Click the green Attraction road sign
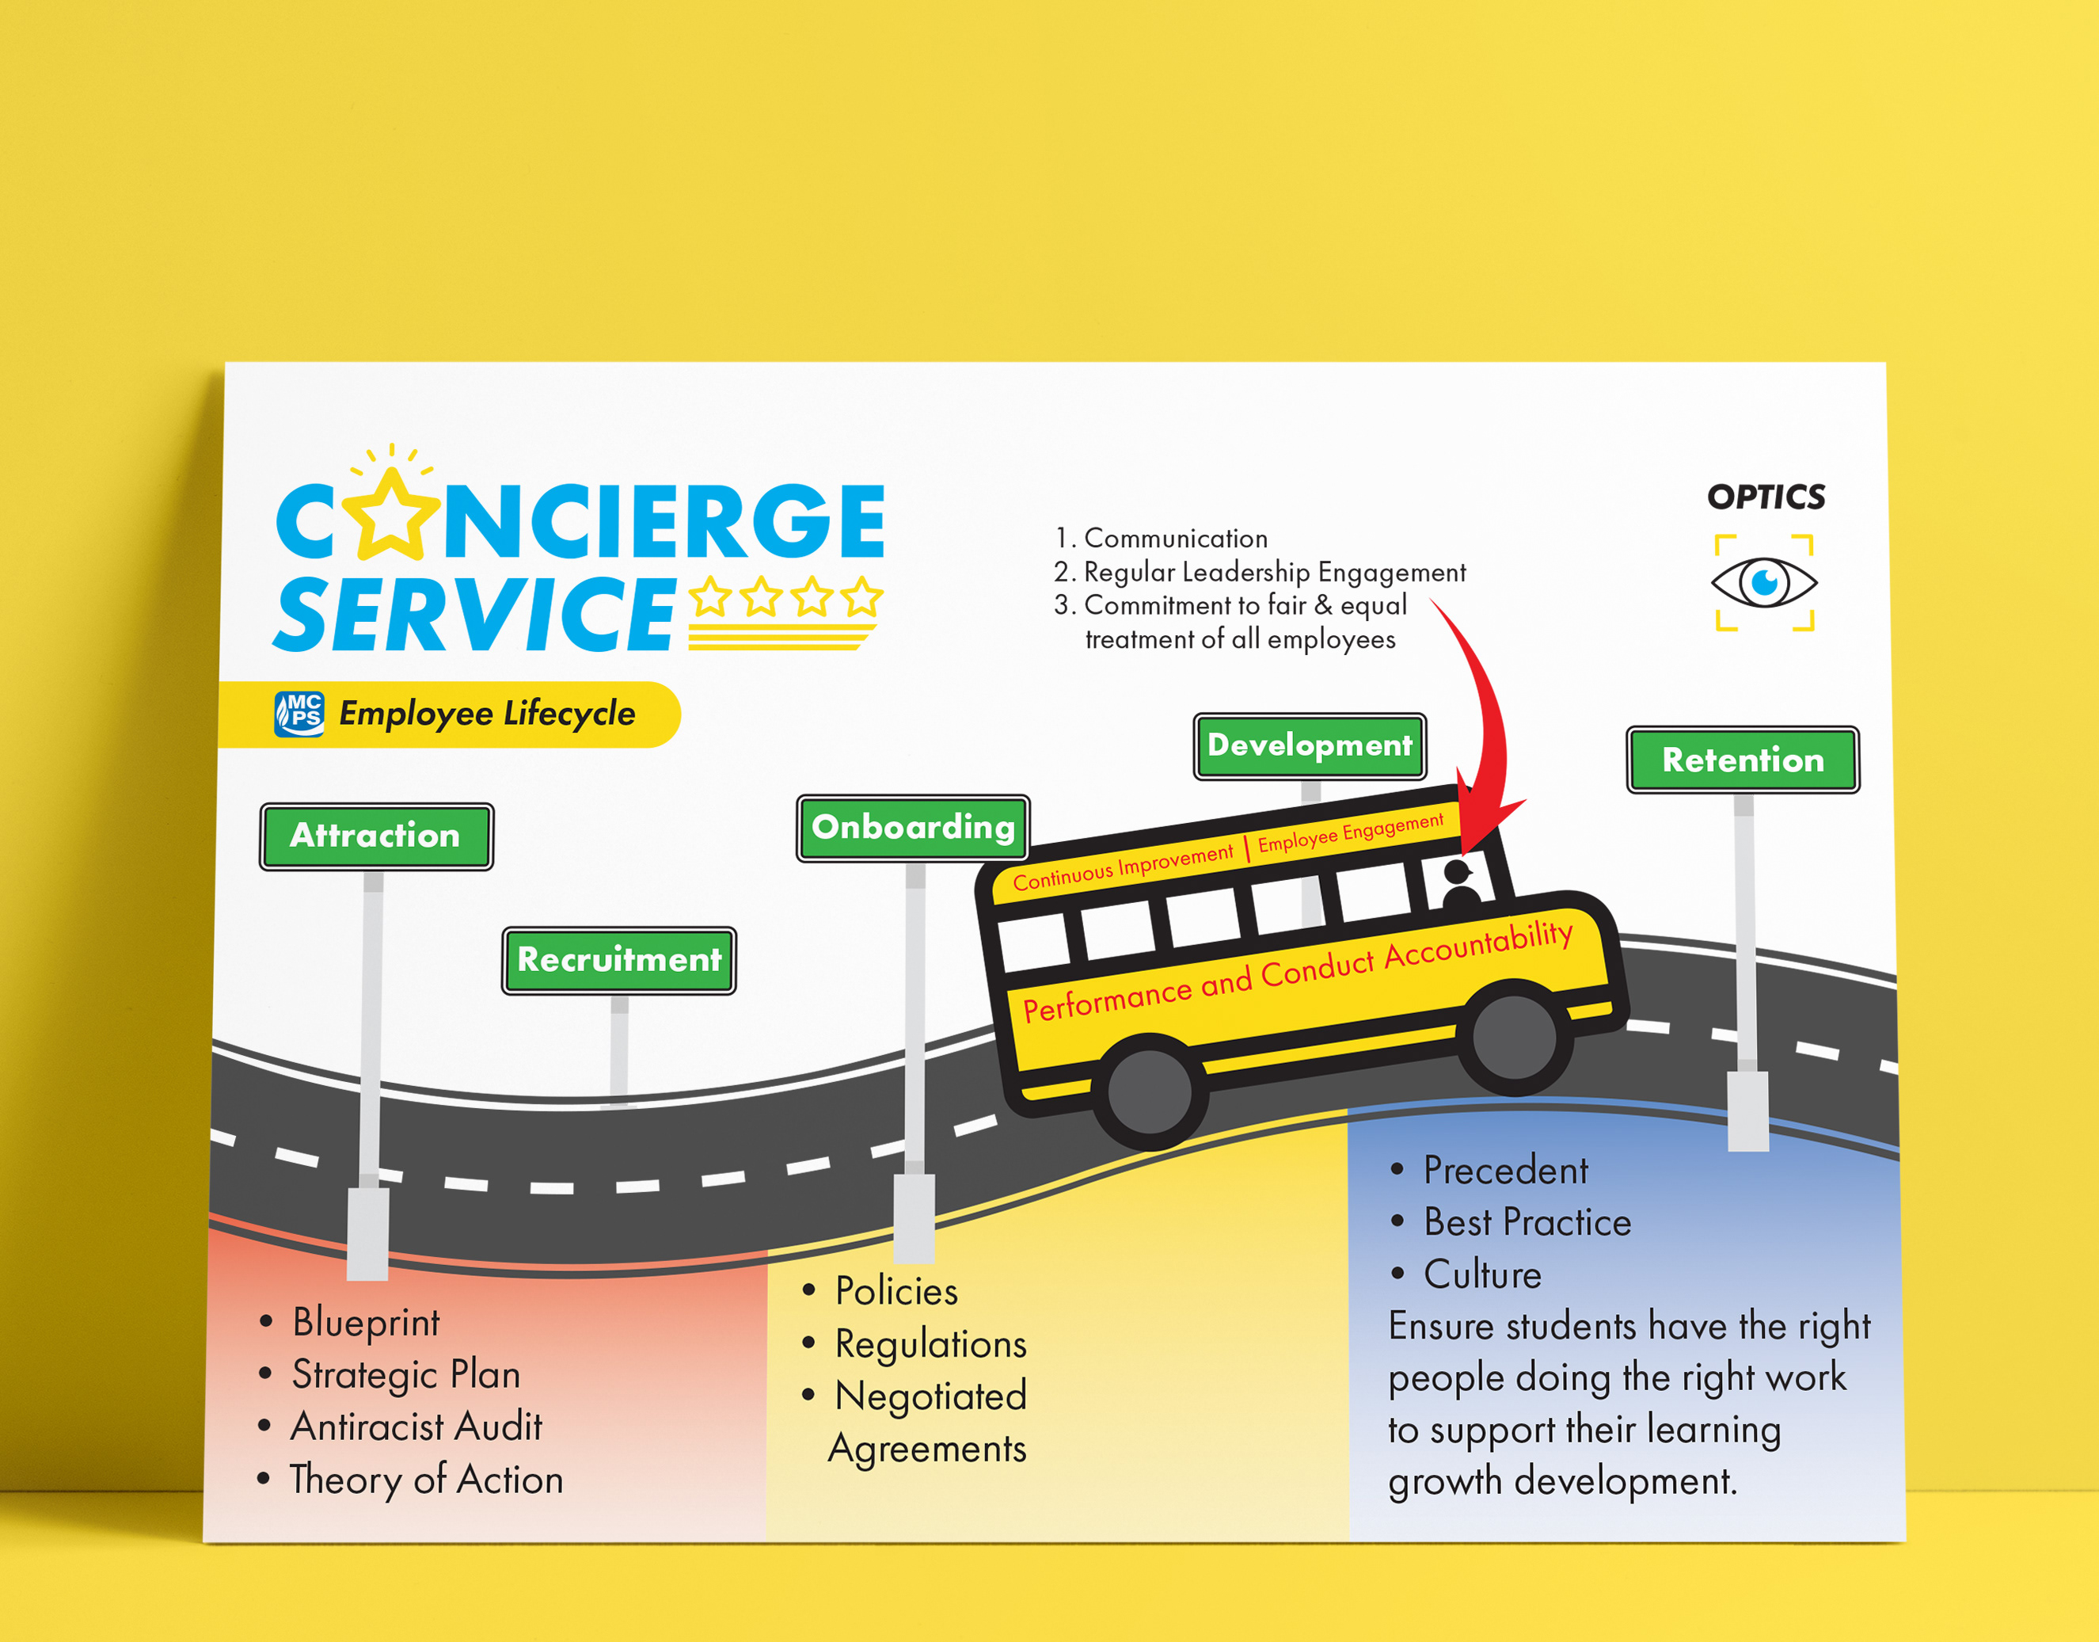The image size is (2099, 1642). pyautogui.click(x=376, y=836)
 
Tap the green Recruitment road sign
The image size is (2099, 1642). pyautogui.click(x=619, y=959)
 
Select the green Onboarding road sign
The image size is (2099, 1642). pyautogui.click(x=913, y=828)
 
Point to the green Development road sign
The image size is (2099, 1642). pyautogui.click(x=1309, y=746)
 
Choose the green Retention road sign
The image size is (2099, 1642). pyautogui.click(x=1743, y=760)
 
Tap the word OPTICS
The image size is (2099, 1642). pyautogui.click(x=1766, y=497)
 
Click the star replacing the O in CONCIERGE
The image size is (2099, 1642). pyautogui.click(x=391, y=516)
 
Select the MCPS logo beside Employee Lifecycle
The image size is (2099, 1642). pyautogui.click(x=299, y=714)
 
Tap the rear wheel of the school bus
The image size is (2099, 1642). pyautogui.click(x=1149, y=1091)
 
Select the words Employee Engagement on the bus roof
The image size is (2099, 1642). pyautogui.click(x=1350, y=832)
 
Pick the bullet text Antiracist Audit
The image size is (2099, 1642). pyautogui.click(x=416, y=1427)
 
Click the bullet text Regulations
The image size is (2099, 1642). pyautogui.click(x=930, y=1344)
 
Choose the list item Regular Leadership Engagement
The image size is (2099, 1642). pyautogui.click(x=1273, y=572)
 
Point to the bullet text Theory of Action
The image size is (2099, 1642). pyautogui.click(x=427, y=1480)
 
